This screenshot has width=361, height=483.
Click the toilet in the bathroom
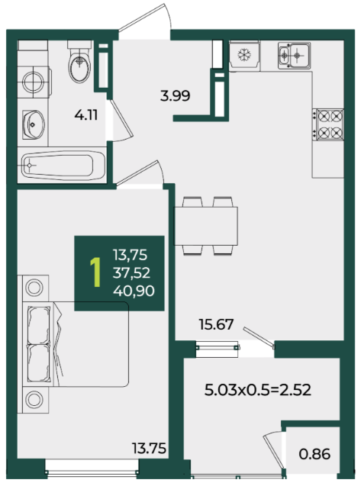[79, 61]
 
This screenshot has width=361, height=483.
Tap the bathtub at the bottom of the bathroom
[62, 166]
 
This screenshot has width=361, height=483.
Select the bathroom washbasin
[33, 124]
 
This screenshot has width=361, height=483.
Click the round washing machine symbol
[33, 82]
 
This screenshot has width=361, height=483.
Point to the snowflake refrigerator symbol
[244, 55]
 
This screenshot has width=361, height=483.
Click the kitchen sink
[294, 56]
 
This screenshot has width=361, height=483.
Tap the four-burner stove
[328, 124]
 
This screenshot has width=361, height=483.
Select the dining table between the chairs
[206, 226]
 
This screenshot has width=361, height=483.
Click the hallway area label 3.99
[176, 96]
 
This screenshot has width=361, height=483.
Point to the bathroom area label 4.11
[86, 115]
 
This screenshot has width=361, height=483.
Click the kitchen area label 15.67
[216, 324]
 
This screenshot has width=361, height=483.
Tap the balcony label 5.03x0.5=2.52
[258, 390]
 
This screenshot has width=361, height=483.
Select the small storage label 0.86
[314, 454]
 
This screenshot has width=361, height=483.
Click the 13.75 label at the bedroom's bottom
[149, 448]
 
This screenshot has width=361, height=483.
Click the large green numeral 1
[96, 273]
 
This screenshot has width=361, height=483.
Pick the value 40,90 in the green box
[134, 291]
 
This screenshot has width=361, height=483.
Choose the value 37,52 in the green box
[131, 273]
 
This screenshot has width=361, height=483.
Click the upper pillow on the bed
[39, 325]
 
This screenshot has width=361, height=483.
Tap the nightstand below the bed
[34, 400]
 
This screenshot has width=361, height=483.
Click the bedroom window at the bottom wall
[92, 470]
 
